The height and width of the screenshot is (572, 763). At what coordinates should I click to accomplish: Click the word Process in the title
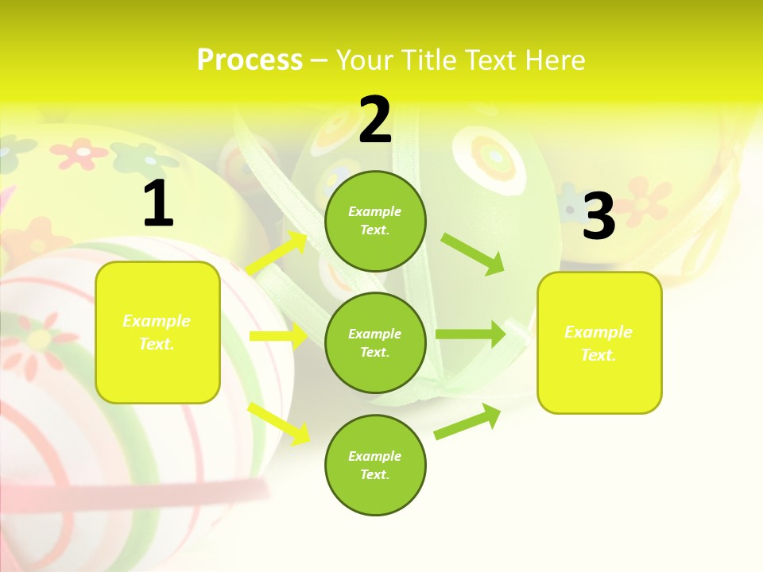(250, 60)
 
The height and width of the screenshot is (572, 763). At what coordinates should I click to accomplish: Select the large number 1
(157, 205)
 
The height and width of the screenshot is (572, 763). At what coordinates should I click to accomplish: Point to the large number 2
(375, 121)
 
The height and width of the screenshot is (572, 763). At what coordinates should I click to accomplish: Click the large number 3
(598, 217)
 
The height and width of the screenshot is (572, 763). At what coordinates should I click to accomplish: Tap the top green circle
(375, 221)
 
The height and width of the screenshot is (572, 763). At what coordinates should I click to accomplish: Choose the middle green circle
(375, 342)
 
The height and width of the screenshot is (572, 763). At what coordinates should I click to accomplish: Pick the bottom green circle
(375, 465)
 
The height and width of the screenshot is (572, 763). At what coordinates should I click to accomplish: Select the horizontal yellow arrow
(278, 336)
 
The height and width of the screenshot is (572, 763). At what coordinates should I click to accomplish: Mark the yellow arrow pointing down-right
(279, 423)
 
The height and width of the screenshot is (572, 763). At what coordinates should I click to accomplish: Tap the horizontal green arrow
(470, 334)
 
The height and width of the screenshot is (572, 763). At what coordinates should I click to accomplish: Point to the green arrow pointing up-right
(467, 422)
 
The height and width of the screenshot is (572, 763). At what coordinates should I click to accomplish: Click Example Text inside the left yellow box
(157, 332)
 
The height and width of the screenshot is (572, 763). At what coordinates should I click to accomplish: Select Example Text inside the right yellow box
(598, 343)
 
